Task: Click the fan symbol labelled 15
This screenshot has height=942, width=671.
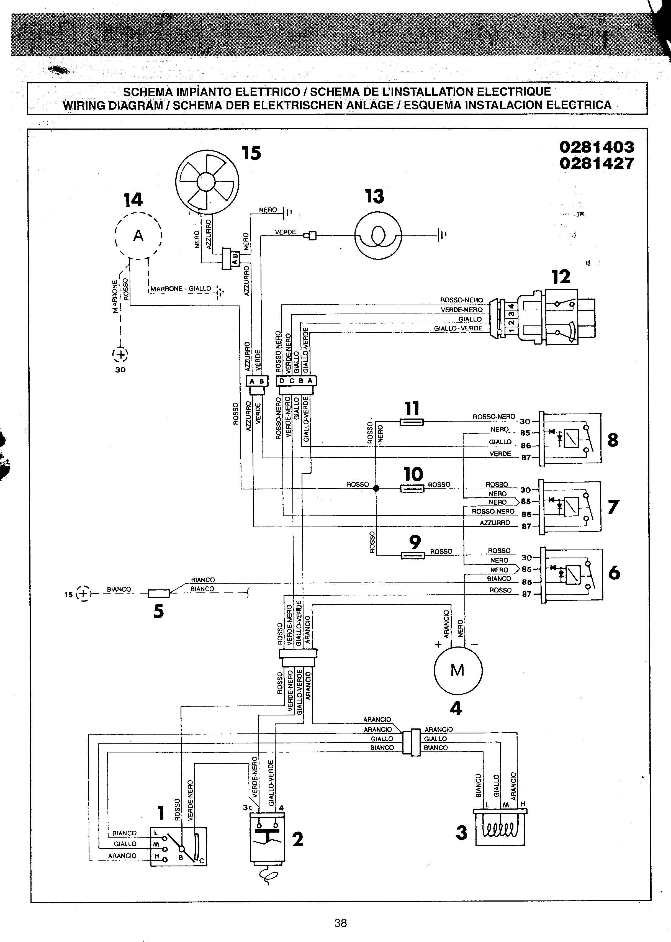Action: click(207, 181)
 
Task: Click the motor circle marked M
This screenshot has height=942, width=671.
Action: click(458, 670)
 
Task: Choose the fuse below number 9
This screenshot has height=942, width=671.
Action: click(413, 556)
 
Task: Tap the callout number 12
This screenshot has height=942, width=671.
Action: click(561, 277)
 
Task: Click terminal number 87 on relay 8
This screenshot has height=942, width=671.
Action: click(526, 458)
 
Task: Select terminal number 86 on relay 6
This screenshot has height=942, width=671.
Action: click(527, 582)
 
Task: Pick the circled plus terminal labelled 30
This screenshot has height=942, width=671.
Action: click(120, 355)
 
